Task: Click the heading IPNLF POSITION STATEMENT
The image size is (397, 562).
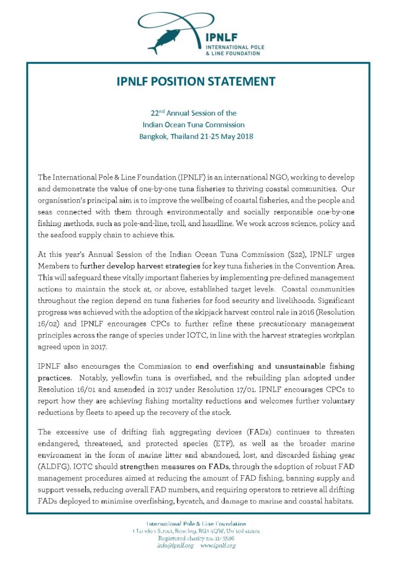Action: click(196, 82)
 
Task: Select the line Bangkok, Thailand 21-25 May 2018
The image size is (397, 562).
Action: click(196, 136)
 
